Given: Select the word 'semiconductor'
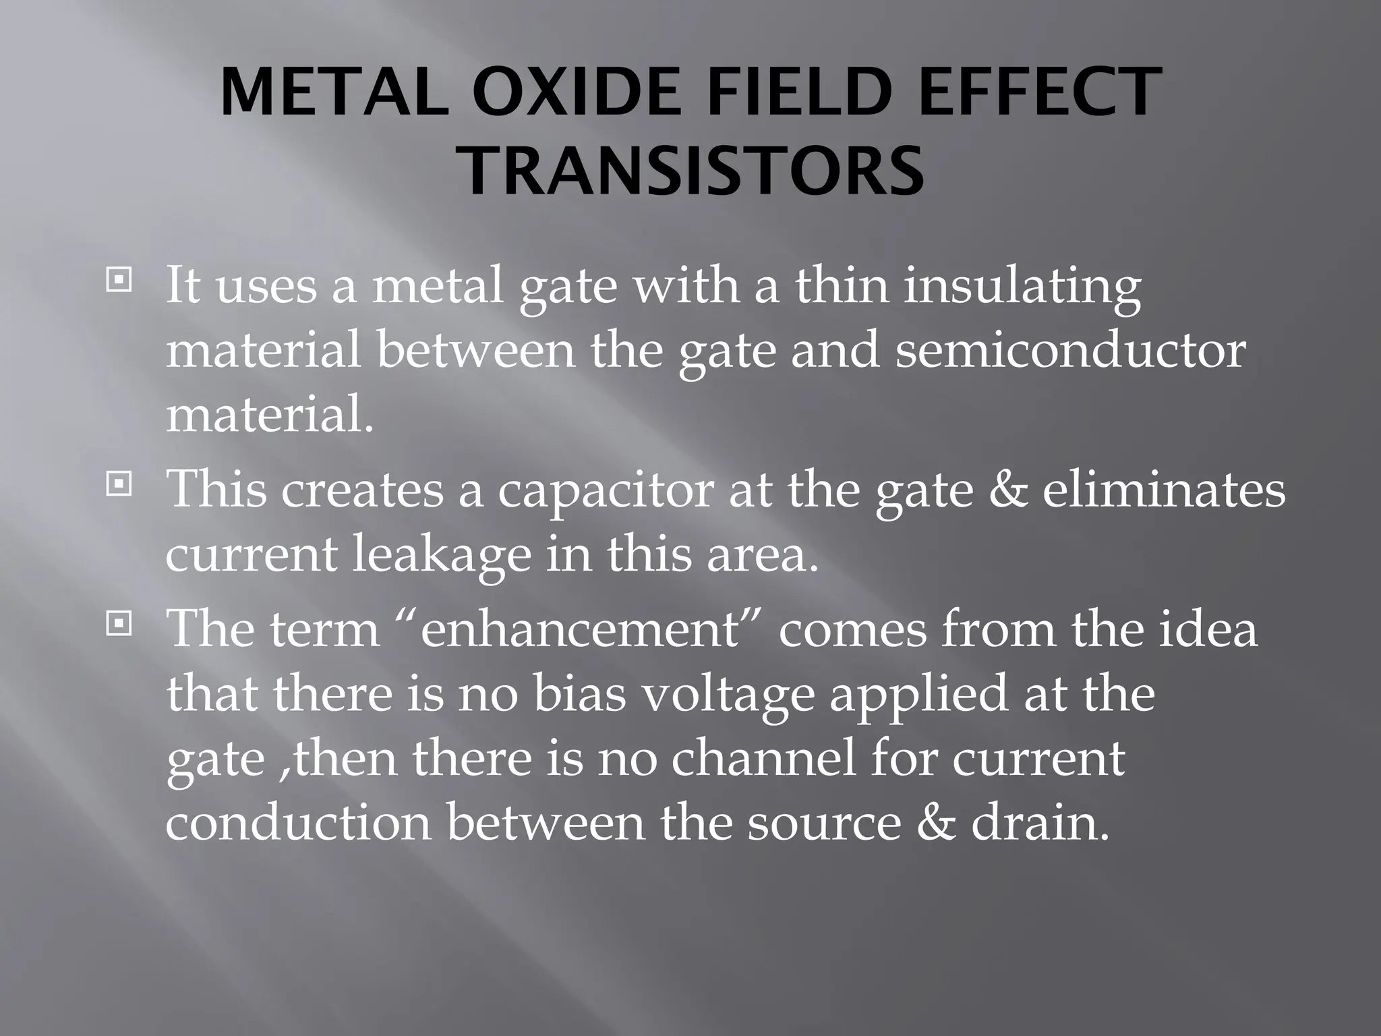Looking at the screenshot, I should point(1069,351).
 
